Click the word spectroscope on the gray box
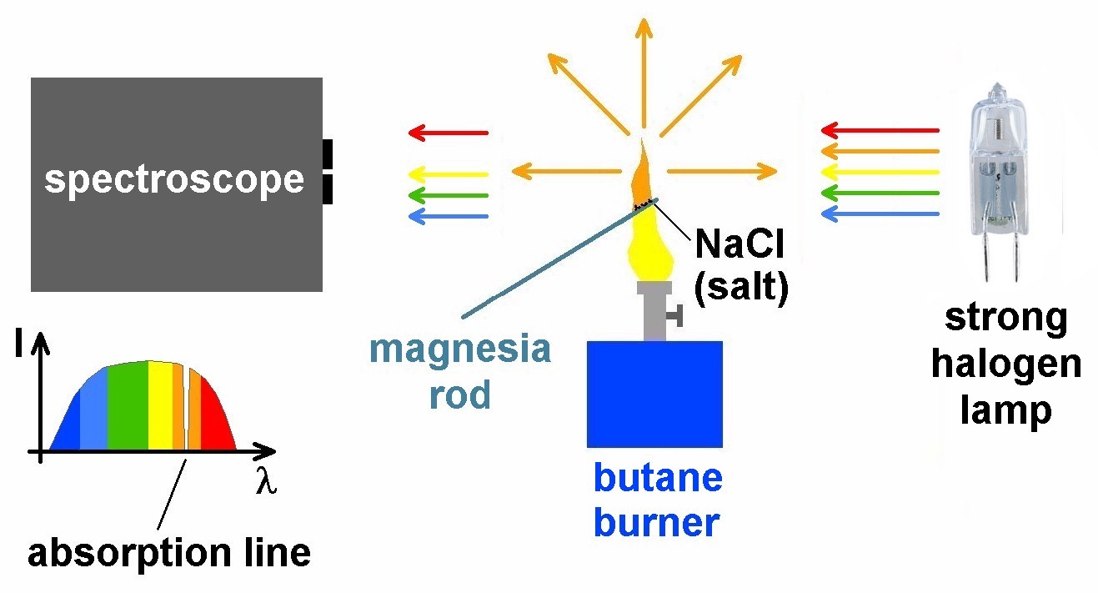(x=174, y=180)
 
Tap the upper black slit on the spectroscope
(x=328, y=154)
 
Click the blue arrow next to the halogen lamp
(x=879, y=214)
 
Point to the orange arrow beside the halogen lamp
(x=879, y=152)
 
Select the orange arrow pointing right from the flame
(x=721, y=172)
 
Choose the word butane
(x=657, y=480)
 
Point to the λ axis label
(x=265, y=483)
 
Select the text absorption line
(x=169, y=552)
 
